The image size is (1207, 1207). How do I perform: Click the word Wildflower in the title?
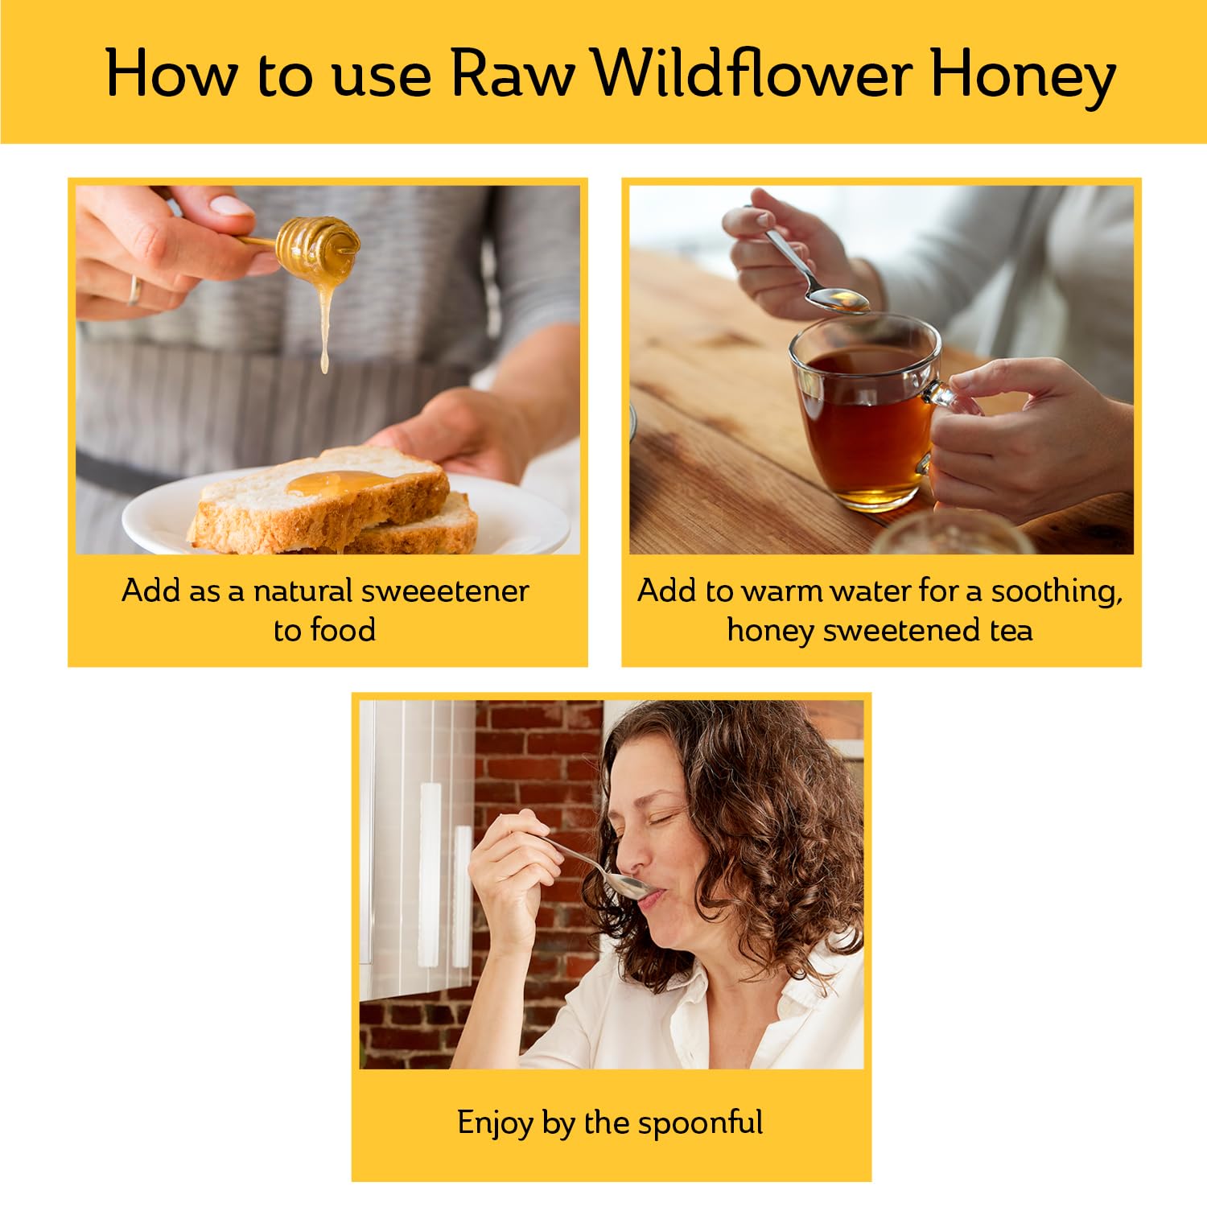[752, 74]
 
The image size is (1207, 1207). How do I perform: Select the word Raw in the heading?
[512, 74]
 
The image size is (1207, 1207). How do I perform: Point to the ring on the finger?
[134, 289]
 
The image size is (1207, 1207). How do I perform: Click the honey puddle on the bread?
[338, 483]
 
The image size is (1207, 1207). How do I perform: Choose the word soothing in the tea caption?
[1055, 592]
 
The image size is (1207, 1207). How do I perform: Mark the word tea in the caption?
[1011, 630]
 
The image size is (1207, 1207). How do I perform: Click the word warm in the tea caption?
[781, 591]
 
